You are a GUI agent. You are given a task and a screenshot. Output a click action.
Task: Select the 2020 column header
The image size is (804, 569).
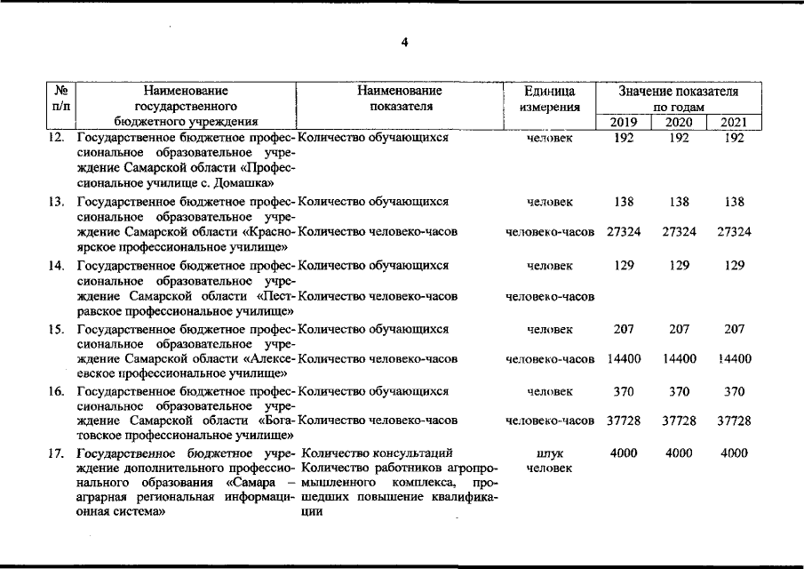[x=679, y=123]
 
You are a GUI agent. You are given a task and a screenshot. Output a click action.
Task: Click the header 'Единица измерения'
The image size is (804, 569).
[x=549, y=99]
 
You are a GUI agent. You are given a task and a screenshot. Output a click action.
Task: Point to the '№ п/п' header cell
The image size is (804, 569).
[x=62, y=99]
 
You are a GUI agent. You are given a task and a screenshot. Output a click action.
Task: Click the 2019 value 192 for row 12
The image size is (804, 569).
[x=624, y=139]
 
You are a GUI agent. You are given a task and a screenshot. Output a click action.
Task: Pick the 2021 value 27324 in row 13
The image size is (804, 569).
[x=734, y=232]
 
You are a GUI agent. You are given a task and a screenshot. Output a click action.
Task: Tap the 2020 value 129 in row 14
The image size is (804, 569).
[x=679, y=265]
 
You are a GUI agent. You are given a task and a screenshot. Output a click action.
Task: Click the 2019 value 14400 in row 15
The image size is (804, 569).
[x=624, y=359]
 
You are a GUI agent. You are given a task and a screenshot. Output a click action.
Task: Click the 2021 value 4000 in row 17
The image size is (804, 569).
[x=734, y=453]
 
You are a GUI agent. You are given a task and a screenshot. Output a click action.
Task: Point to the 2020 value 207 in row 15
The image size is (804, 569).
[x=679, y=329]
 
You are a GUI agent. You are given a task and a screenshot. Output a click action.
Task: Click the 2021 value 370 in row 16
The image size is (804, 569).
[x=734, y=391]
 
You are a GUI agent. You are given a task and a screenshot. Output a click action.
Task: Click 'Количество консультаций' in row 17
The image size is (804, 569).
[x=378, y=453]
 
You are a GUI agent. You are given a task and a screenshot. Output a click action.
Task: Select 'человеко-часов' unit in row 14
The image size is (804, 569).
[x=549, y=296]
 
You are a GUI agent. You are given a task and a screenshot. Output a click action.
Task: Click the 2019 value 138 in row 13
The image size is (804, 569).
[x=624, y=202]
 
